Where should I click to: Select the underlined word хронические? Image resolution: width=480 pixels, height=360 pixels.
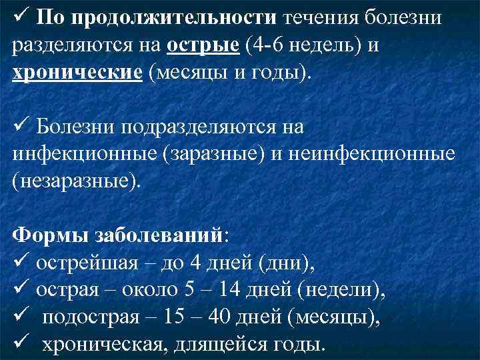pyautogui.click(x=77, y=71)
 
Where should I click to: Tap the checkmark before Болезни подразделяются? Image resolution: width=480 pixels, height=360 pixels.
pyautogui.click(x=19, y=126)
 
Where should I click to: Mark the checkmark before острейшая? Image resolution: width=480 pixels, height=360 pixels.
pyautogui.click(x=19, y=263)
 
